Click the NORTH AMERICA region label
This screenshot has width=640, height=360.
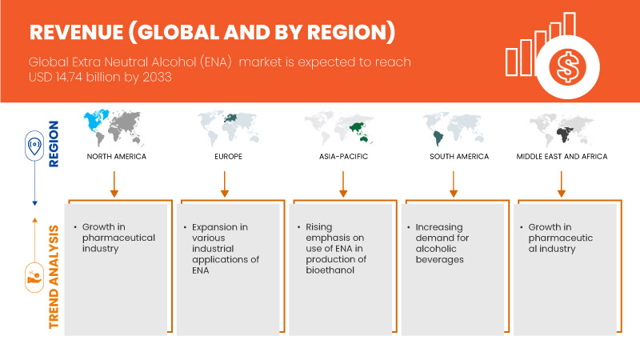coord(117,157)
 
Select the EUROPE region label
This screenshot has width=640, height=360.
coord(225,157)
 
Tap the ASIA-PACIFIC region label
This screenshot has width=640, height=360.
coord(342,157)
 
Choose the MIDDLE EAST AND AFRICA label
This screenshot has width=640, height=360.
coord(562,157)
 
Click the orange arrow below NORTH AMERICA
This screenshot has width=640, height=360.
coord(114,182)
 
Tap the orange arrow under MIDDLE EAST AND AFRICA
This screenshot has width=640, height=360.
coord(562,182)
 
